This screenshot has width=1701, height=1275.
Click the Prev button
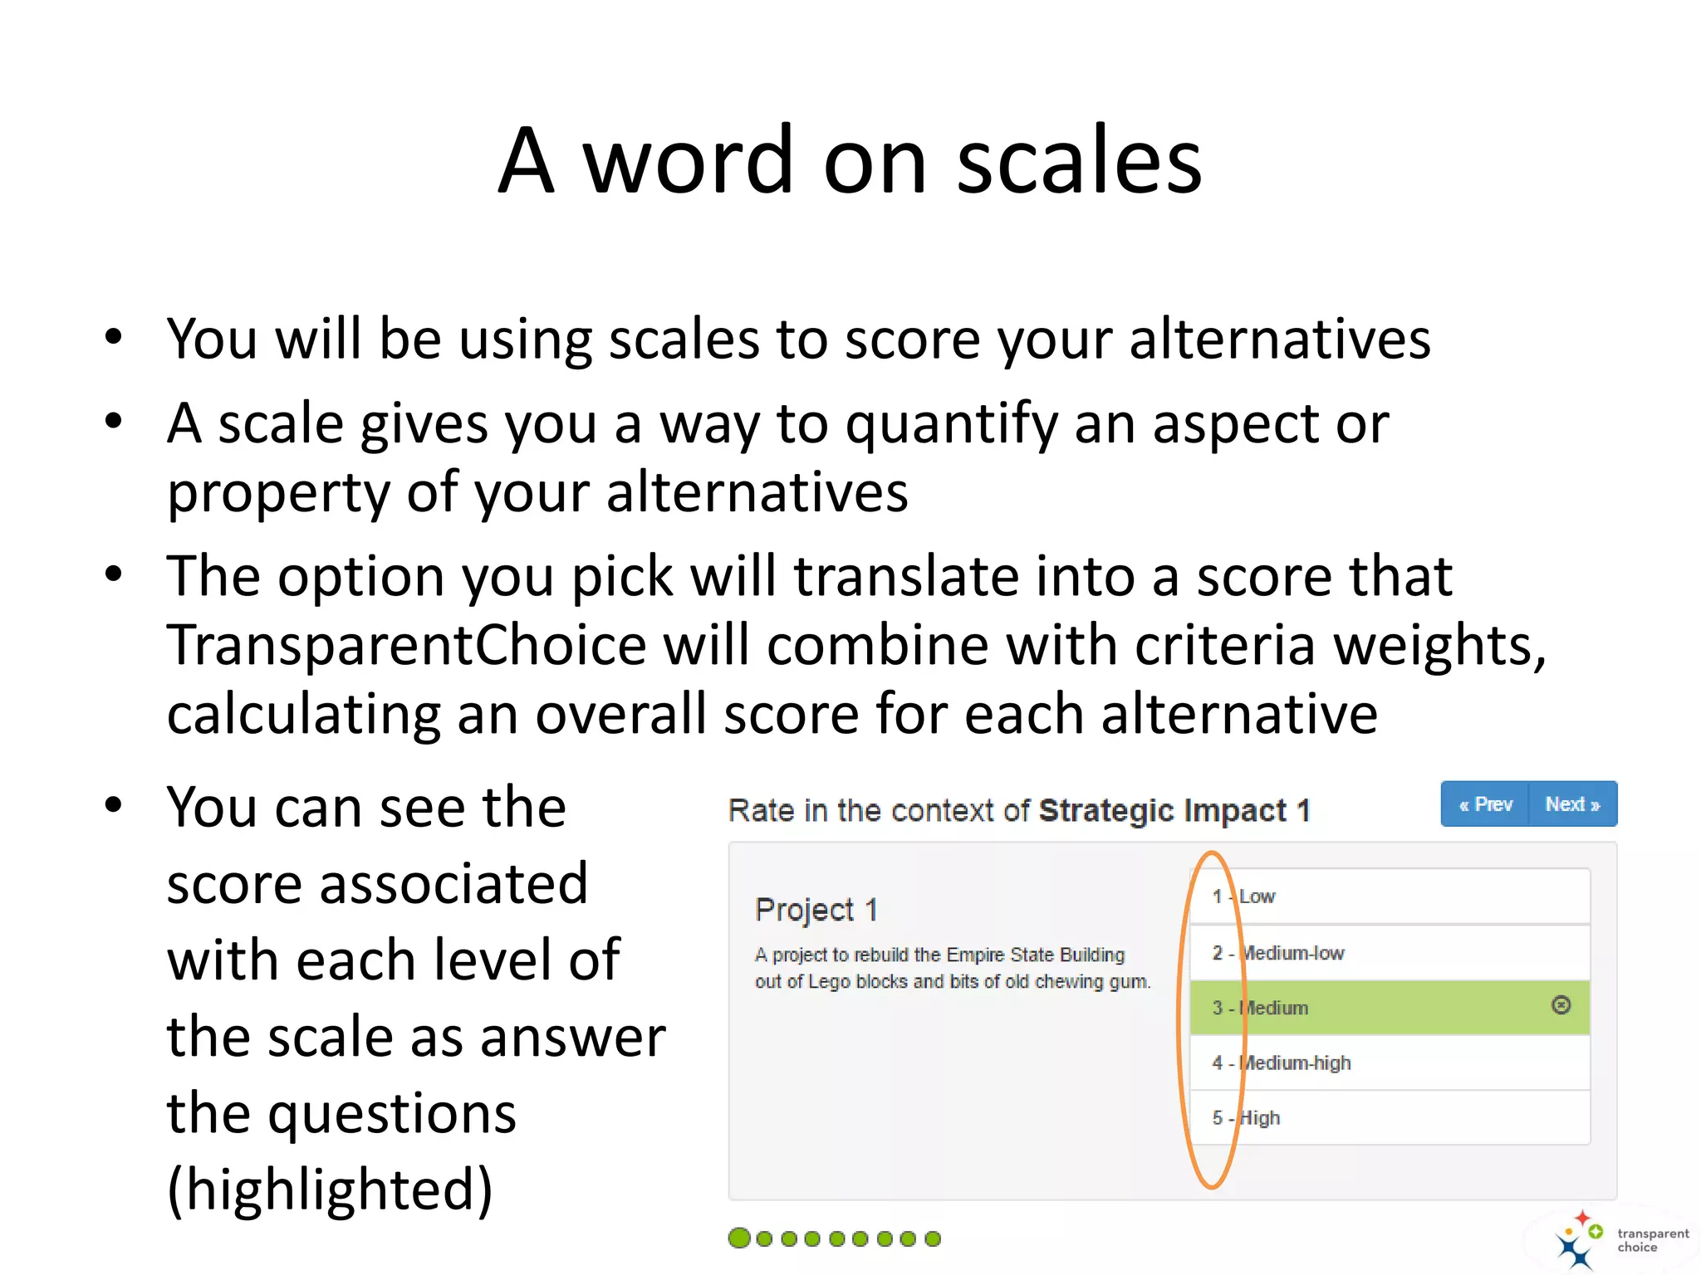pyautogui.click(x=1485, y=804)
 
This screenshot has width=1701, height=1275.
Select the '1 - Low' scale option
pyautogui.click(x=1390, y=896)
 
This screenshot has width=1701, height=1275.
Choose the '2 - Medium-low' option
pyautogui.click(x=1390, y=953)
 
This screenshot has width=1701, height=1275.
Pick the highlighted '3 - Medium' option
pyautogui.click(x=1370, y=1008)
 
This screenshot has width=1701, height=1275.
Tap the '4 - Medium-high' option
pyautogui.click(x=1390, y=1063)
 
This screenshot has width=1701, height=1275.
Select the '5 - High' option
pyautogui.click(x=1390, y=1118)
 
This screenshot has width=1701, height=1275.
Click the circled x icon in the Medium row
pyautogui.click(x=1561, y=1005)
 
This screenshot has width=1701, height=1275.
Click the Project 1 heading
pyautogui.click(x=816, y=910)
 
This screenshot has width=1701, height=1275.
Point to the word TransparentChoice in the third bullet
pyautogui.click(x=406, y=645)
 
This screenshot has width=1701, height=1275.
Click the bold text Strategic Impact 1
pyautogui.click(x=1174, y=810)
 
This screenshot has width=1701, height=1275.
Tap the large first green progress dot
pyautogui.click(x=738, y=1238)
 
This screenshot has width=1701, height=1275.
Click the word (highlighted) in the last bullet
pyautogui.click(x=330, y=1190)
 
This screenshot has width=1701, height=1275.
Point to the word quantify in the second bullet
pyautogui.click(x=950, y=424)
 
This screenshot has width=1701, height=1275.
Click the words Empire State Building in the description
pyautogui.click(x=1035, y=955)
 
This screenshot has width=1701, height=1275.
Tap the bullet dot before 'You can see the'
pyautogui.click(x=114, y=804)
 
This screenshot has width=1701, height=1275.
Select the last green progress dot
pyautogui.click(x=933, y=1238)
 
